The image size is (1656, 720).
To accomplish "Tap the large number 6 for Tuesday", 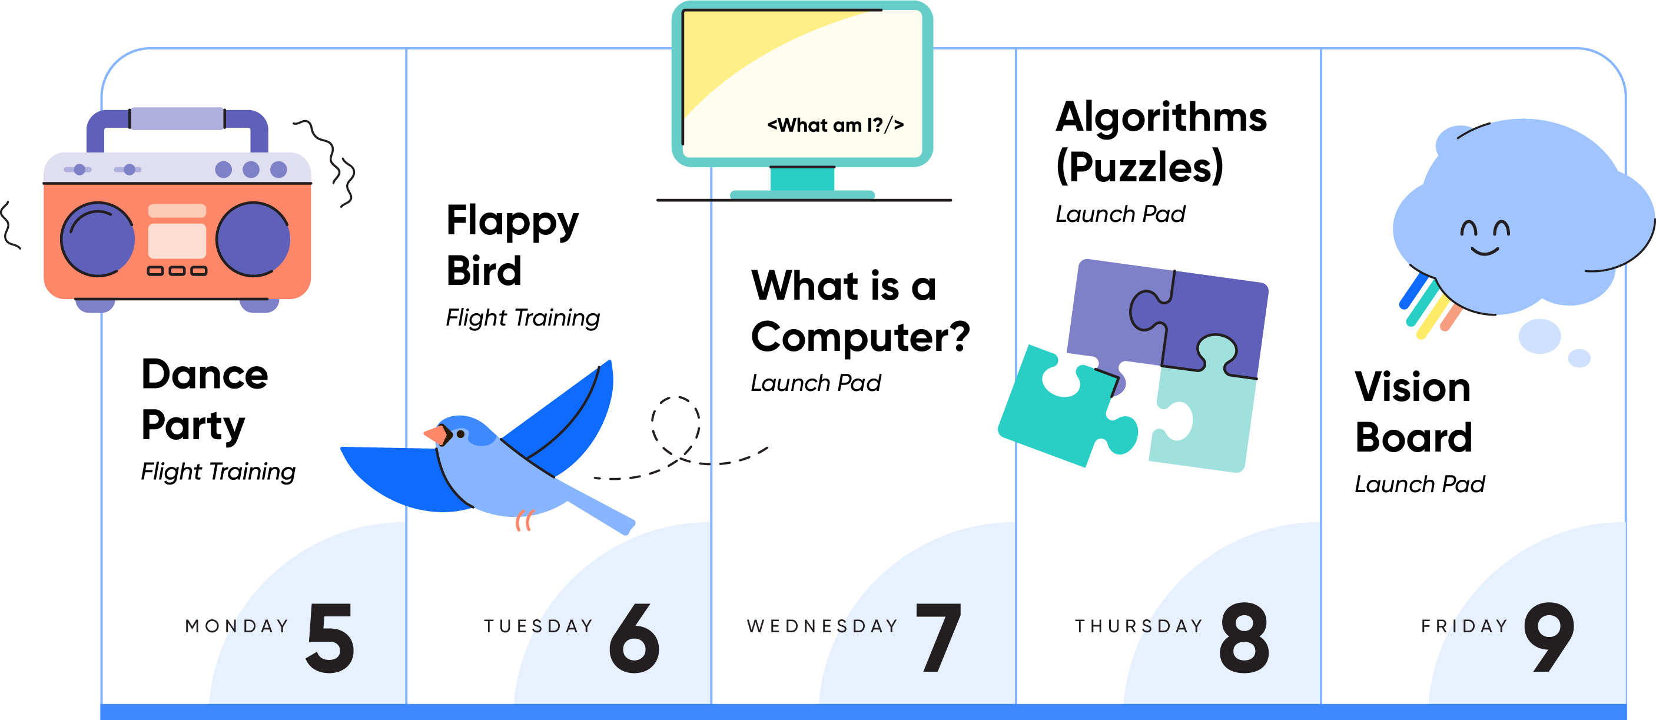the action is pyautogui.click(x=635, y=638).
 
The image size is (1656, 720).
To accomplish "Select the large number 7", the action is pyautogui.click(x=939, y=638).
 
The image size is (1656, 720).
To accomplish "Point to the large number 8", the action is pyautogui.click(x=1244, y=638).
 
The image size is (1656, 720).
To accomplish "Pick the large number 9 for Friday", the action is pyautogui.click(x=1549, y=638).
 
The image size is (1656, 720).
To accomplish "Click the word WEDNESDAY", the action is pyautogui.click(x=822, y=626).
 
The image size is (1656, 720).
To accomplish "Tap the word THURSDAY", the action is pyautogui.click(x=1139, y=626).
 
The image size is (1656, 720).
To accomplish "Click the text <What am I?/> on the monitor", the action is pyautogui.click(x=836, y=125).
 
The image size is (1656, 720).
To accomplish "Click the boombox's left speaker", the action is pyautogui.click(x=97, y=239).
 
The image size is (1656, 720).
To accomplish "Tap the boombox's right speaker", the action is pyautogui.click(x=253, y=239).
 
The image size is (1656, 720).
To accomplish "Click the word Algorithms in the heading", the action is pyautogui.click(x=1161, y=118).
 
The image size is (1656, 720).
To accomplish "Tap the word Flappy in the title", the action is pyautogui.click(x=512, y=222).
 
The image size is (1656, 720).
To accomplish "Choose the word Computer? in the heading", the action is pyautogui.click(x=860, y=337).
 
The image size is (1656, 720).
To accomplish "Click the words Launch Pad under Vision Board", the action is pyautogui.click(x=1419, y=484).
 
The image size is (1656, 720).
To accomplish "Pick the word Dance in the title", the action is pyautogui.click(x=204, y=374).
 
